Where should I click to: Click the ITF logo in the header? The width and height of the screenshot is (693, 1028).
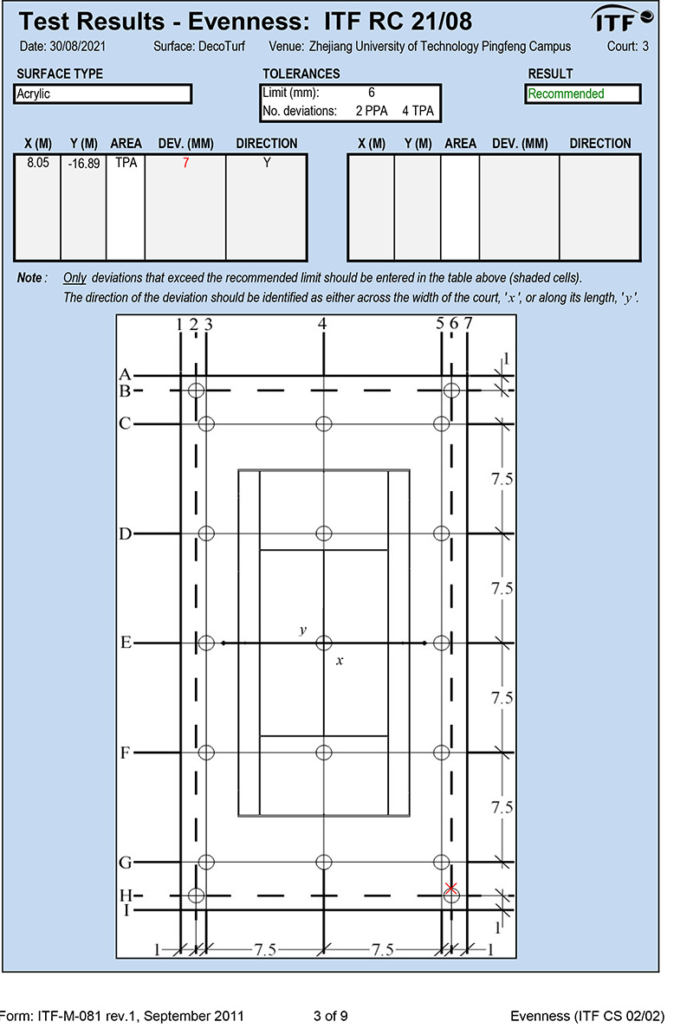coord(622,18)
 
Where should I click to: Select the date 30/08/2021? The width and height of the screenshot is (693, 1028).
coord(74,47)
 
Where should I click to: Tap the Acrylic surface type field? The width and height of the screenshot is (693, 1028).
coord(102,94)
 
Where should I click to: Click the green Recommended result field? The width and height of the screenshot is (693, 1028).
coord(582,94)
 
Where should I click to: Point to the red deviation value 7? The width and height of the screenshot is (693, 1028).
coord(185,163)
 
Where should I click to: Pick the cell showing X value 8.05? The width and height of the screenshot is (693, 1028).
coord(36,163)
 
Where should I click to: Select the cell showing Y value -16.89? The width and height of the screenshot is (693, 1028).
coord(84,164)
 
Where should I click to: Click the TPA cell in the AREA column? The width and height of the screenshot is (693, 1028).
coord(125,163)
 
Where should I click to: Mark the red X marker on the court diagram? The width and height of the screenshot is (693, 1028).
coord(450,888)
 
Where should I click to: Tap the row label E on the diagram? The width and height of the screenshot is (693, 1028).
coord(126,643)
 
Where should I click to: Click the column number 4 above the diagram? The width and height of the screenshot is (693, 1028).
coord(322,324)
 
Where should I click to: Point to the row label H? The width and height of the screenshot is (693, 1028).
coord(126,895)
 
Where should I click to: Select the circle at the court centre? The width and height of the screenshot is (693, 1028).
coord(324,643)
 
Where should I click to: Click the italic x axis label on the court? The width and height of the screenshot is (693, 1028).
coord(340,661)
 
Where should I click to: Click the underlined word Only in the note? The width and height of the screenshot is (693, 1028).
coord(74,278)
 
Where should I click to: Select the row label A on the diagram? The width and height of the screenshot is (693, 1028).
coord(125,375)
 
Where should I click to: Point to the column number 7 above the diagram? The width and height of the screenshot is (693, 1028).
coord(468,324)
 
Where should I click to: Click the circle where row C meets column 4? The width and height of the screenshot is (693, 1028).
coord(324,423)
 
